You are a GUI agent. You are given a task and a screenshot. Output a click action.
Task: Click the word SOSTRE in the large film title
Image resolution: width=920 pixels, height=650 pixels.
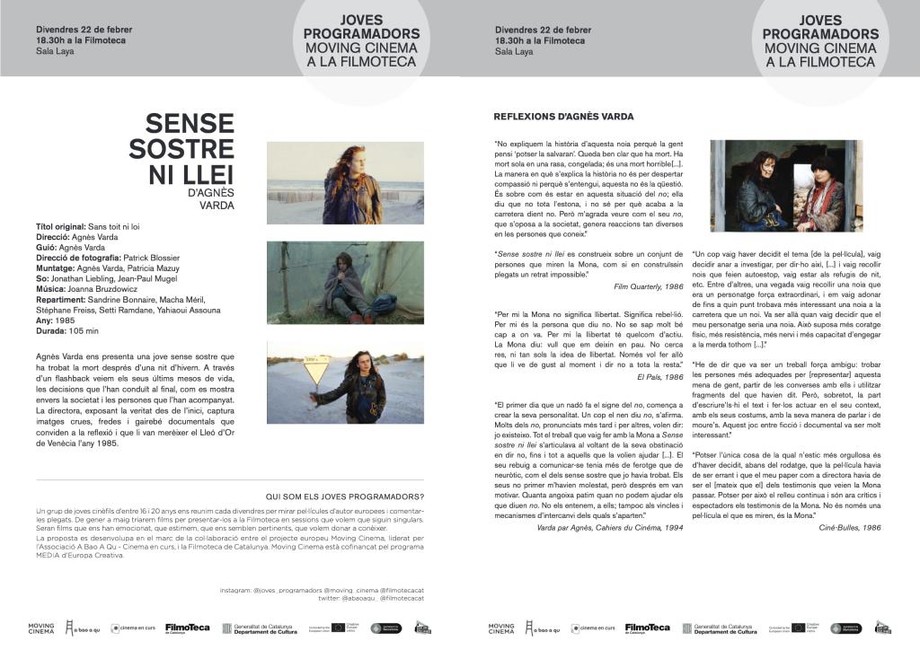(x=181, y=148)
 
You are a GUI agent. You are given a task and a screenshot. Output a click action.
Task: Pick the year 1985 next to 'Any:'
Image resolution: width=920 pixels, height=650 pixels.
(x=64, y=321)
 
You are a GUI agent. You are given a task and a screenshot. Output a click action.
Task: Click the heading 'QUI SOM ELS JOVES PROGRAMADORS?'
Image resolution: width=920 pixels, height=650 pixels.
(x=346, y=496)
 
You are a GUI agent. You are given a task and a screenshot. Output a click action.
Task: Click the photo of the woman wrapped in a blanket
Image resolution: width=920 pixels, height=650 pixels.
(x=345, y=283)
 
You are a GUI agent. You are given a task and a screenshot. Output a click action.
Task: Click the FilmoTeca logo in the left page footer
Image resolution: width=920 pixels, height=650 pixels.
(x=188, y=628)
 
